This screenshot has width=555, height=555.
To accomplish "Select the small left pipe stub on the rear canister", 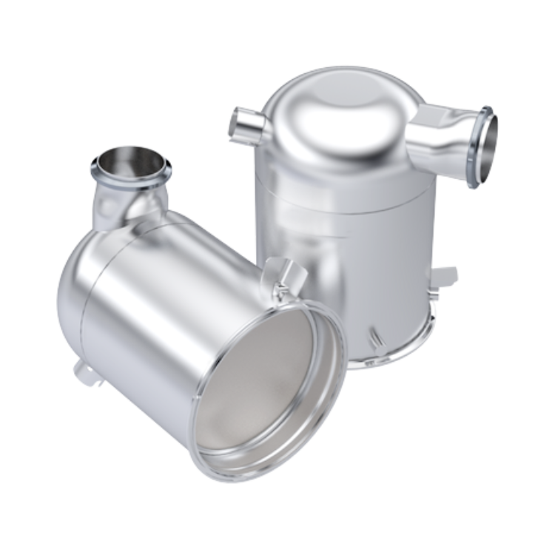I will tap(242, 123).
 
